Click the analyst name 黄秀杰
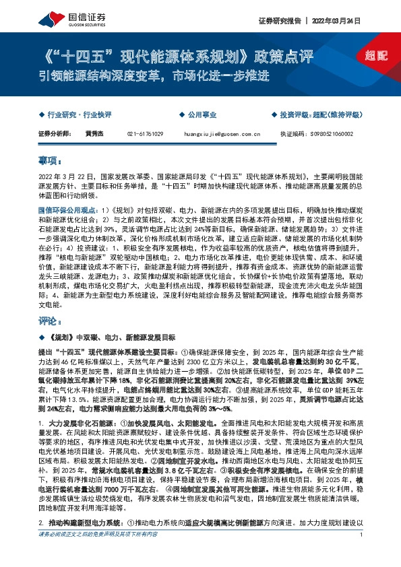point(94,135)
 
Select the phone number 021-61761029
point(146,135)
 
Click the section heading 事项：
point(50,162)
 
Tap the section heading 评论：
point(50,321)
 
